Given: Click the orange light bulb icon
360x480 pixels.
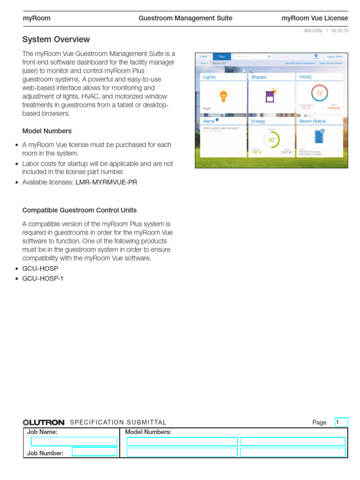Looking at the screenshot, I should (x=224, y=95).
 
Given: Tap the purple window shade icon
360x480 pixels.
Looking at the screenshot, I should (x=270, y=96).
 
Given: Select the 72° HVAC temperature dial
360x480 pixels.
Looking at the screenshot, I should (x=320, y=93).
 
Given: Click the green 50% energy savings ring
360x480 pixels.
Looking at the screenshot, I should (x=272, y=140).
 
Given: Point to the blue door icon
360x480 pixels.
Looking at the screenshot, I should (x=319, y=136).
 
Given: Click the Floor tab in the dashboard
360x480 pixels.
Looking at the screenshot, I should (x=222, y=56).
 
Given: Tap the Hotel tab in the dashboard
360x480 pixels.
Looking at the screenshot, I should (x=203, y=56).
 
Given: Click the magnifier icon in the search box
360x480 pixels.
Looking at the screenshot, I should (x=269, y=56).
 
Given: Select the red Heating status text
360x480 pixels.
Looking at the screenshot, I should (x=334, y=108).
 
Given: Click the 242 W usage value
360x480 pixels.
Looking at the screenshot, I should (x=286, y=152).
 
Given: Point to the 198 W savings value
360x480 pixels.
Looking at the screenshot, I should (x=256, y=152).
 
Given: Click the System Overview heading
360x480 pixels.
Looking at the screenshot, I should (x=56, y=39).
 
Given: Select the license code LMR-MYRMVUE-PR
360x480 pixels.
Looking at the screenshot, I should (x=106, y=182).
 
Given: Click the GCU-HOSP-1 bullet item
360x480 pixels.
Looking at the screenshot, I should (x=42, y=278).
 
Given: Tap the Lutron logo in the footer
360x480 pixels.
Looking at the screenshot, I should (x=44, y=422).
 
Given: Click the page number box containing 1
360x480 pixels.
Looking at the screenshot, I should (x=341, y=422).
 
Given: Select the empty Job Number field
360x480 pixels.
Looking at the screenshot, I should (x=95, y=451).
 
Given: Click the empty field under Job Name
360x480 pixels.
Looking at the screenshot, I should (x=74, y=441).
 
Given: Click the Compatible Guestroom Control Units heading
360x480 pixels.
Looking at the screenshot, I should (x=80, y=210).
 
